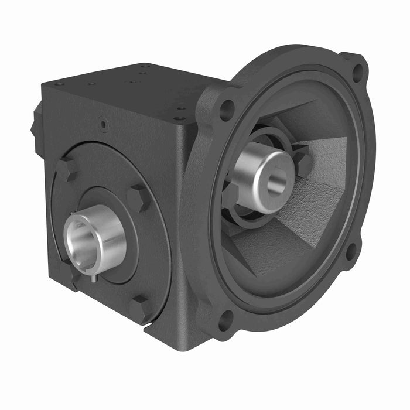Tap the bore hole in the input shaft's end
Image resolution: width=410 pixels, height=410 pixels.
(276, 182)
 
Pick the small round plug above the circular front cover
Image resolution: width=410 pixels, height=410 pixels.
(103, 124)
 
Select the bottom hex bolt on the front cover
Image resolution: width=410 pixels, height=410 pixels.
(139, 307)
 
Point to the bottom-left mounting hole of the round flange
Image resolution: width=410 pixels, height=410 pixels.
(226, 320)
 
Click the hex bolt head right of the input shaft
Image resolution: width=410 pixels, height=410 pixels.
(303, 162)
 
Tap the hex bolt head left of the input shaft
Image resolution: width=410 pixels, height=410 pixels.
(230, 193)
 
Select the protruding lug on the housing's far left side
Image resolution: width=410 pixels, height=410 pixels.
(37, 126)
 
